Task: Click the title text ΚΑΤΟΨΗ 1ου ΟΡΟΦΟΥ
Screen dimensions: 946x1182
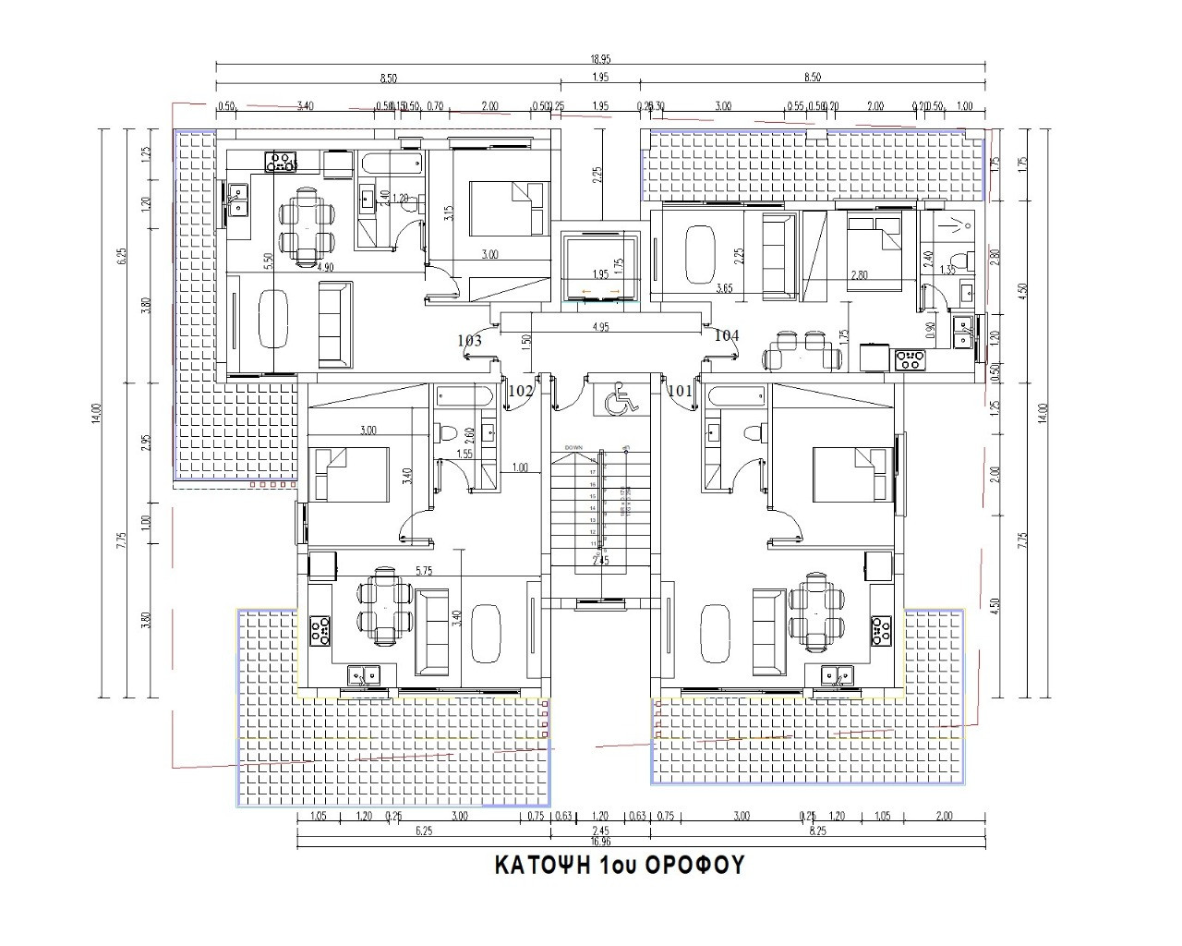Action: [620, 866]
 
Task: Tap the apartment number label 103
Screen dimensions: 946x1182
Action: [469, 341]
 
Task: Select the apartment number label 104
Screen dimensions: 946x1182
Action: [727, 335]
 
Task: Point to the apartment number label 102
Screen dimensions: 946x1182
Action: [521, 391]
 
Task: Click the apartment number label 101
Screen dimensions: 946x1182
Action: [680, 390]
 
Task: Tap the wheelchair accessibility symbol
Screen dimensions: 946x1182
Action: [616, 400]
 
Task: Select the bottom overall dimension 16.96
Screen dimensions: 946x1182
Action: [599, 842]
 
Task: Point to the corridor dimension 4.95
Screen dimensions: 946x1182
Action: [599, 326]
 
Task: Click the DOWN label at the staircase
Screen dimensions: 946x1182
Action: [573, 446]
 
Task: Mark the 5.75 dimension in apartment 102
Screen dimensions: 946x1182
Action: [424, 571]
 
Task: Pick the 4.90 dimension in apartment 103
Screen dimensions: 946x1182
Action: [325, 267]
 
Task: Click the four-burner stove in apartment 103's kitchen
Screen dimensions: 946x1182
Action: [282, 163]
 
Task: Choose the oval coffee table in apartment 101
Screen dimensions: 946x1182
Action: [714, 633]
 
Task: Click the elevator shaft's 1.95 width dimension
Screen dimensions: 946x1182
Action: [599, 274]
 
